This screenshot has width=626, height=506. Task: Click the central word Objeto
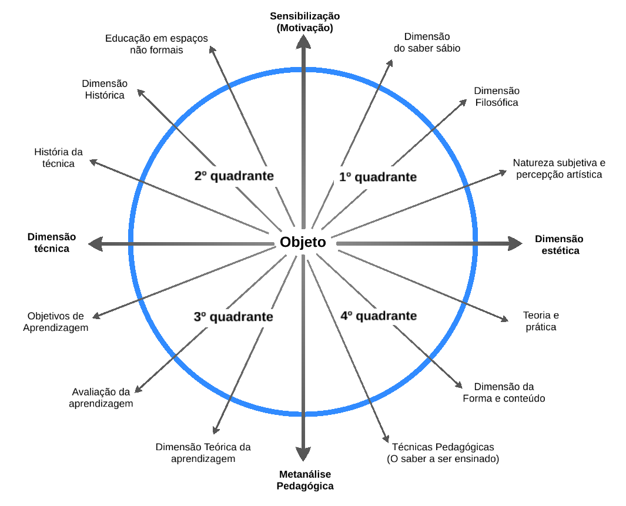[x=303, y=242]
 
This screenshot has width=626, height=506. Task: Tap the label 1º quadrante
[x=378, y=176]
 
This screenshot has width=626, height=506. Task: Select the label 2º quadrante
[x=234, y=176]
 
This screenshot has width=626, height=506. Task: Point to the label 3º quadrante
[x=233, y=317]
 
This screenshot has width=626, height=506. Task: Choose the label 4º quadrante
[x=379, y=316]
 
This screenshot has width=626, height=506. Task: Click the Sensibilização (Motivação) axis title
[x=304, y=22]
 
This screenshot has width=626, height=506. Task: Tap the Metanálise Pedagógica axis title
[x=304, y=480]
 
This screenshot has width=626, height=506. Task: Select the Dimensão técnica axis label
[x=52, y=243]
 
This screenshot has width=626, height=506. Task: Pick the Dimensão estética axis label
[x=558, y=244]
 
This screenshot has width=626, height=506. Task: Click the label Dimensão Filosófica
[x=497, y=96]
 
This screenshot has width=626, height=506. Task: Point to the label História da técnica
[x=58, y=158]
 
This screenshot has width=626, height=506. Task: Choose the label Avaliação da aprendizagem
[x=101, y=397]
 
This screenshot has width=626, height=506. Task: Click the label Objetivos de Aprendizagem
[x=56, y=321]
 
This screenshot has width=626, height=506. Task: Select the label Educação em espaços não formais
[x=156, y=44]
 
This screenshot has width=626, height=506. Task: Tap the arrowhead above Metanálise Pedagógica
[x=303, y=454]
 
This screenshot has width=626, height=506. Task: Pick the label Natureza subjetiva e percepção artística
[x=558, y=169]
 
